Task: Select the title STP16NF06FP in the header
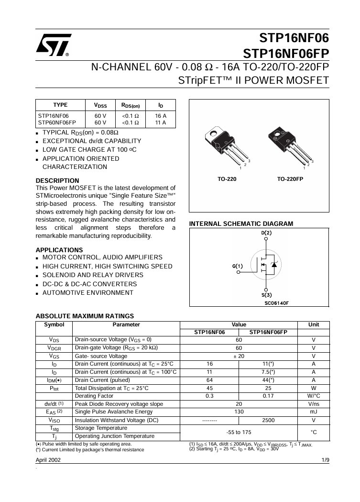[x=286, y=53]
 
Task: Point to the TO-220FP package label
[x=290, y=178]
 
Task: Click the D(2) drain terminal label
[x=266, y=233]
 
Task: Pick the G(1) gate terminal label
[x=238, y=266]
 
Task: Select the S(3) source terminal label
[x=266, y=295]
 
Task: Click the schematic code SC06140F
[x=276, y=303]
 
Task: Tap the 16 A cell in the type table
[x=161, y=116]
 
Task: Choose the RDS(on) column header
[x=130, y=105]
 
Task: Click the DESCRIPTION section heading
[x=57, y=180]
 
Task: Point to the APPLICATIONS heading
[x=59, y=250]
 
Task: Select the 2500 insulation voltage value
[x=268, y=420]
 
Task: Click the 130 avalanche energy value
[x=239, y=412]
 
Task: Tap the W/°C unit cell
[x=313, y=396]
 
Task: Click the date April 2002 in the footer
[x=48, y=460]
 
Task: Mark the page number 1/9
[x=325, y=460]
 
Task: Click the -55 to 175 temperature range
[x=239, y=432]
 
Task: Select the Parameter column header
[x=126, y=324]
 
